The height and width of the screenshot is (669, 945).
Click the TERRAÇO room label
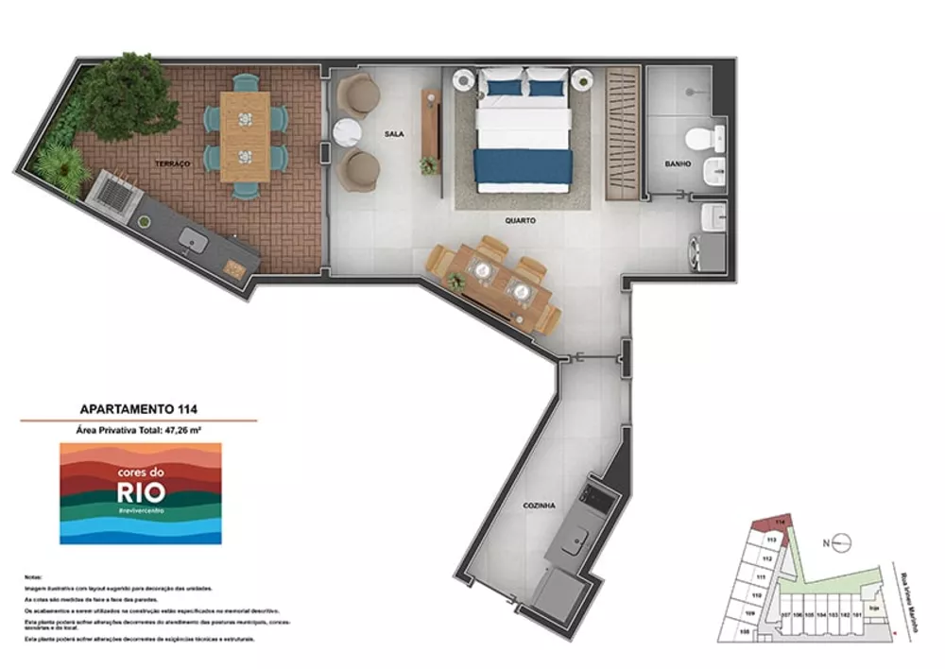click(173, 163)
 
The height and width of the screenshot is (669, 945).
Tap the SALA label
click(394, 134)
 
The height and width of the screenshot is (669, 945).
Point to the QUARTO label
click(520, 219)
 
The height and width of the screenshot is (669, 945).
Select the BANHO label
click(678, 163)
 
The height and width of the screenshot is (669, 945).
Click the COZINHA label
click(538, 506)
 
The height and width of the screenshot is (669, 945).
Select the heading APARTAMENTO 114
click(139, 409)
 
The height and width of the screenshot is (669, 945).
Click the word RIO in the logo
click(141, 491)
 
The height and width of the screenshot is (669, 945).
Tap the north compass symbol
click(843, 542)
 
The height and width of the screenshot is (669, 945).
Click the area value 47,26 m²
click(183, 430)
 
